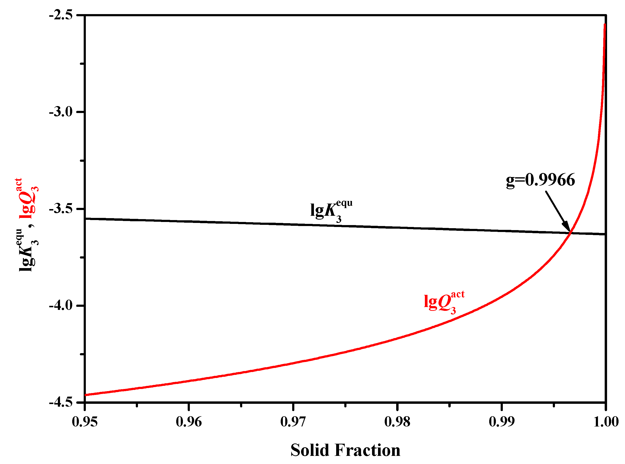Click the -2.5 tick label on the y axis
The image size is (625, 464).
click(x=61, y=15)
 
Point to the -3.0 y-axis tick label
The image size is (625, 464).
click(x=61, y=112)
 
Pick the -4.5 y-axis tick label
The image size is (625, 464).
click(x=61, y=402)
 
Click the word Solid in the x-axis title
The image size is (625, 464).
click(x=310, y=450)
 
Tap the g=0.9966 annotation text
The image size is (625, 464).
click(x=540, y=180)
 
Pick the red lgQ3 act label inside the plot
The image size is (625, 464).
click(x=444, y=302)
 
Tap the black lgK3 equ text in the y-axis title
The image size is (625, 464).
click(x=28, y=250)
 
